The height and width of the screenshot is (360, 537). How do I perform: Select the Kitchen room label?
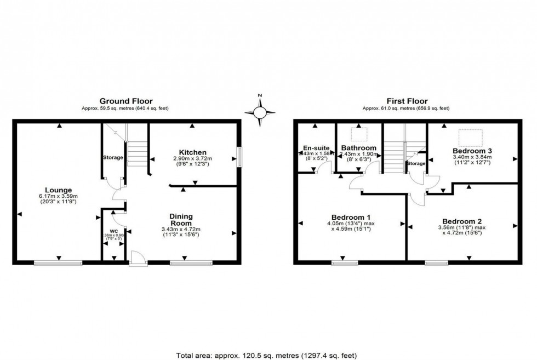click(192, 152)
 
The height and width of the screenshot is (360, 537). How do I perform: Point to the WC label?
click(114, 230)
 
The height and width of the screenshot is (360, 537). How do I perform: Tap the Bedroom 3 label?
click(471, 150)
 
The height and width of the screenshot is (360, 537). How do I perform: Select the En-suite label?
click(315, 147)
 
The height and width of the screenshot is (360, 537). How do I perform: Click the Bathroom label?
click(358, 147)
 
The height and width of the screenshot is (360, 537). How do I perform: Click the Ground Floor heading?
click(126, 101)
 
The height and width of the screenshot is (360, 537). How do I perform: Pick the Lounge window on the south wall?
click(58, 264)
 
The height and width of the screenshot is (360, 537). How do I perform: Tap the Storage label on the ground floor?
click(113, 158)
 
